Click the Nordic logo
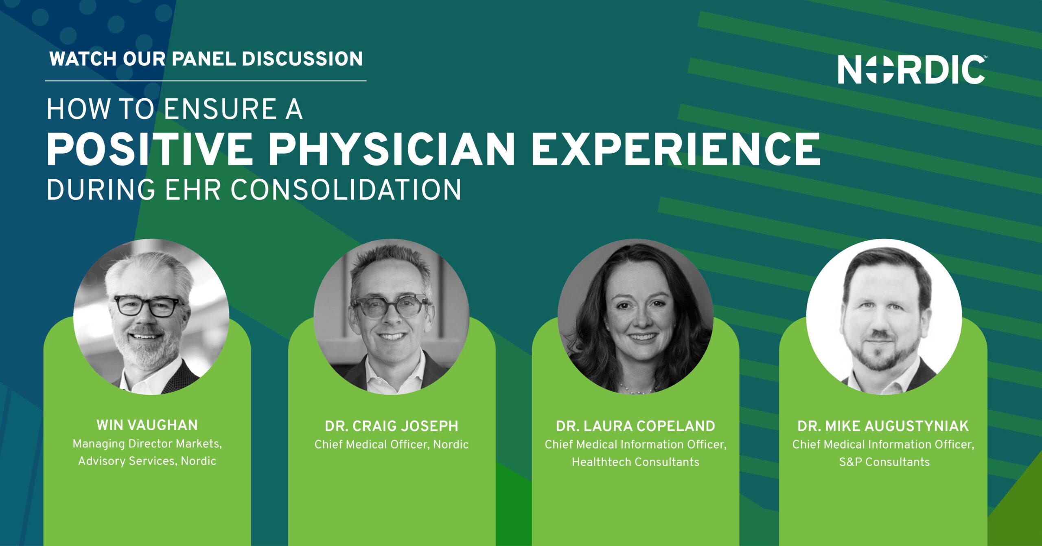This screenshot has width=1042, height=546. [912, 69]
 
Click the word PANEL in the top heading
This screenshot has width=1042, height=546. [204, 59]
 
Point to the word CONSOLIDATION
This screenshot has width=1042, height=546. [346, 190]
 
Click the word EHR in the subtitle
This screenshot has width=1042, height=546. [193, 190]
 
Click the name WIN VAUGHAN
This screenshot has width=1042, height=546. [147, 425]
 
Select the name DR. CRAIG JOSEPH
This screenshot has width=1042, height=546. [392, 426]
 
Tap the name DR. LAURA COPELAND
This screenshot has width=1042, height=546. [635, 426]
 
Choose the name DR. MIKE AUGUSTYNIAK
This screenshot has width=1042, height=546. [883, 426]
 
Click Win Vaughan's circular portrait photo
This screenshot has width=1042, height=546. [151, 317]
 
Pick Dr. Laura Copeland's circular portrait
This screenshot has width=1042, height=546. [635, 317]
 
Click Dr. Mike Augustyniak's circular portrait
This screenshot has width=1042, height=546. [884, 317]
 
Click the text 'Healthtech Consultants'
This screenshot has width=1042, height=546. [635, 462]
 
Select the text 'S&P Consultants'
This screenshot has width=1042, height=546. [884, 462]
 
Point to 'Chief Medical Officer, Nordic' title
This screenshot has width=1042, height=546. [392, 445]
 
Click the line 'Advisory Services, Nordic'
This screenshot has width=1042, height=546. [147, 461]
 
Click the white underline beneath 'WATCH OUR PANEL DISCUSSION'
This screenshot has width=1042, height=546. [206, 81]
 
